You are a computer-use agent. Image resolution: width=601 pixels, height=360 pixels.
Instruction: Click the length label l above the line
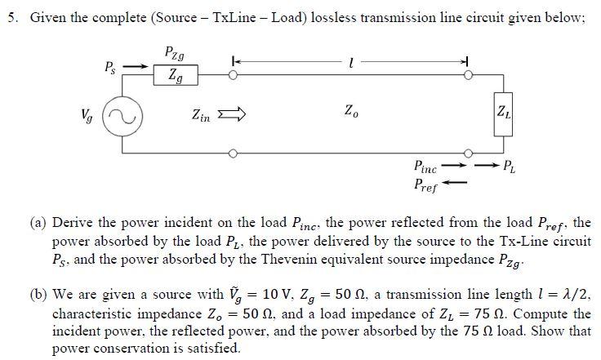tap(349, 61)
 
